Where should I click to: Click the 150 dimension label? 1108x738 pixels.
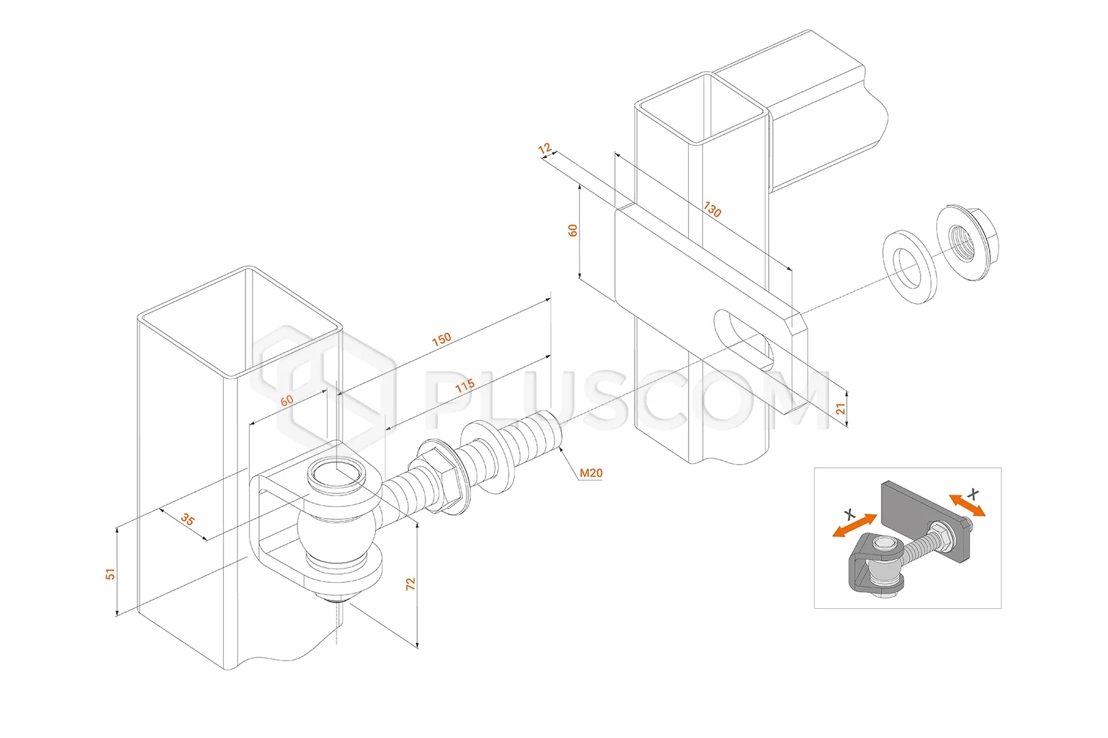coord(442,338)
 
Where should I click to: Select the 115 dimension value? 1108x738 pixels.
coord(465,386)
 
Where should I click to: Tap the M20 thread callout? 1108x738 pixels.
coord(591,472)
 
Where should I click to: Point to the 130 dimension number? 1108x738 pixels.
coord(712,210)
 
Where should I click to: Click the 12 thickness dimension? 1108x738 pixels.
coord(545,149)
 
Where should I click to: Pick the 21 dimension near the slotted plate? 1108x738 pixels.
coord(841,408)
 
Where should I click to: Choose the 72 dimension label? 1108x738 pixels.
coord(410,584)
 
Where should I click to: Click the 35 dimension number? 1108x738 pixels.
coord(187,520)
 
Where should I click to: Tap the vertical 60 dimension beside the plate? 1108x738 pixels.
coord(573,230)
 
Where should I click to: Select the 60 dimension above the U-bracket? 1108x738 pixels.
coord(287,400)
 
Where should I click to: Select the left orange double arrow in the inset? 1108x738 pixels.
coord(854,526)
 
